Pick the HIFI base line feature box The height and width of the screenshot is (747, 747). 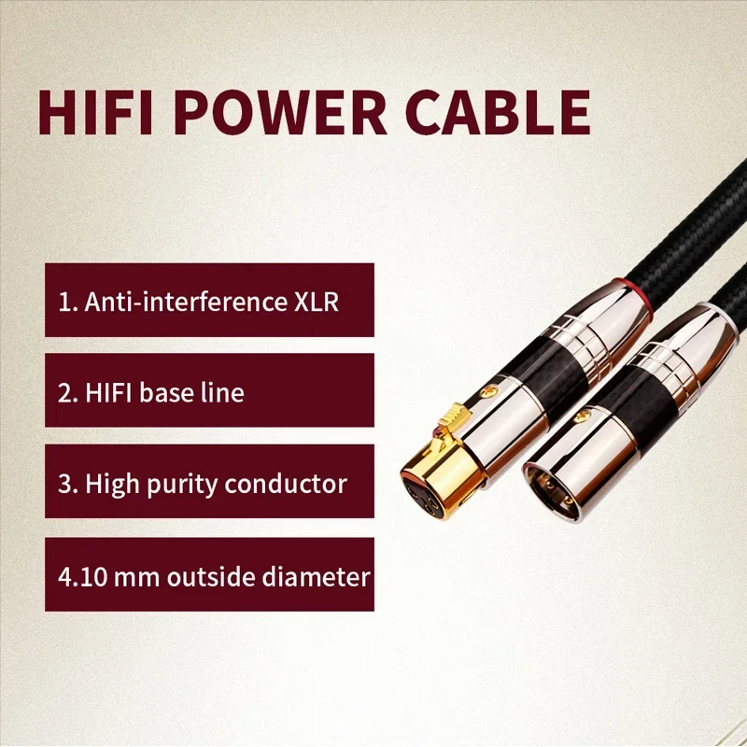(x=209, y=391)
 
